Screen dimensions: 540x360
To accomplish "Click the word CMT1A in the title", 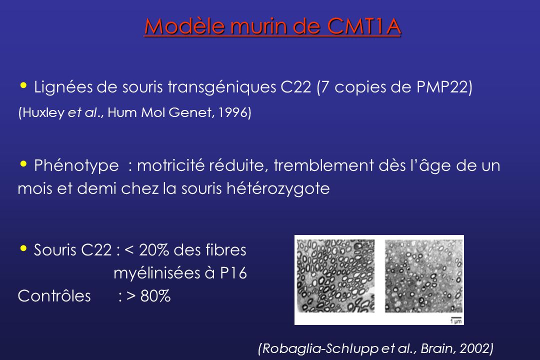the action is (363, 26).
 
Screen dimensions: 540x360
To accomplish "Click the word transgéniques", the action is (222, 87).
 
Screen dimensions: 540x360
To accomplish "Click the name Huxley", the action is (43, 113).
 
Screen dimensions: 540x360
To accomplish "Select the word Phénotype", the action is (76, 166).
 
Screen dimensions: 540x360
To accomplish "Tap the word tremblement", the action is (323, 165).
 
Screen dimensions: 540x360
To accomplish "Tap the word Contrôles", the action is (54, 296).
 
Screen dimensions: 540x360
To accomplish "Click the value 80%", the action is (155, 296).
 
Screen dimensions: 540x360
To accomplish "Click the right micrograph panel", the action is (423, 276).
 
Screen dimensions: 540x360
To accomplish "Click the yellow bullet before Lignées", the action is (23, 85).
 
